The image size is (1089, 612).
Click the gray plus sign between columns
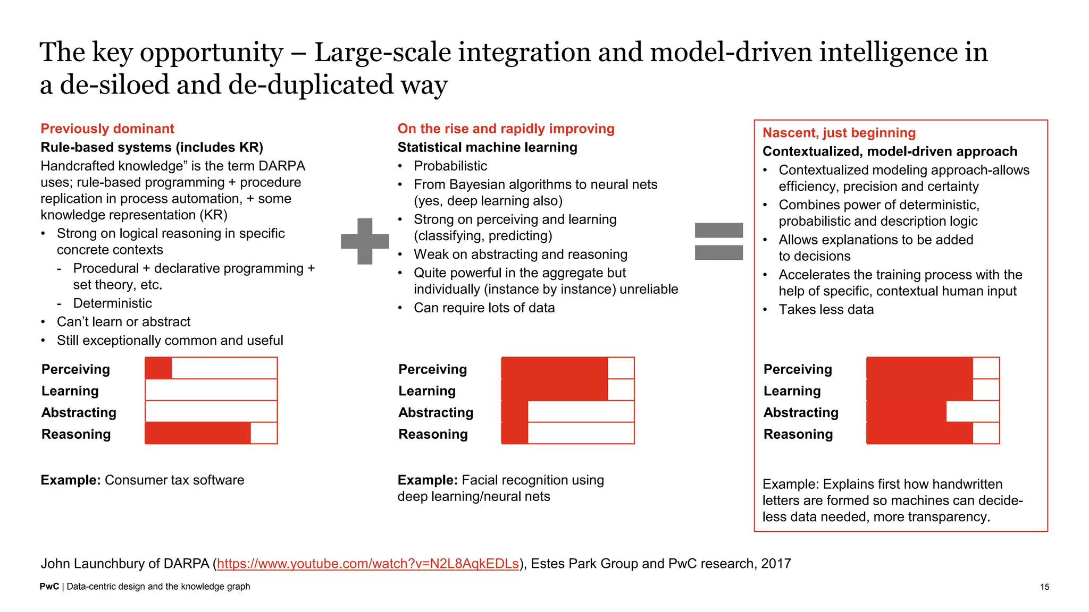point(365,241)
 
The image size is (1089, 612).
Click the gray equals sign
point(718,241)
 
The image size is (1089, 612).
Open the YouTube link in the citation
point(367,564)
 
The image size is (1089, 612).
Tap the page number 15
point(1044,586)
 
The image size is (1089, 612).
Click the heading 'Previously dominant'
point(107,129)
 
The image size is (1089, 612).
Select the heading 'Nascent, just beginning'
point(839,133)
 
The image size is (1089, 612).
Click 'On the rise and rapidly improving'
point(506,129)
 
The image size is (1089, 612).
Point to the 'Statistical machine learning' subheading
point(487,147)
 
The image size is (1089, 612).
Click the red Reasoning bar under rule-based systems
point(198,433)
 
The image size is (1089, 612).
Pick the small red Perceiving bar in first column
point(158,368)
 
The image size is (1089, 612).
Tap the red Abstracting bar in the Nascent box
point(906,412)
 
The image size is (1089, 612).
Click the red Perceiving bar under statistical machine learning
point(554,368)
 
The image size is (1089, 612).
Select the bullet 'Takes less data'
point(826,310)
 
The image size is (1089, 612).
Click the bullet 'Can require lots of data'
point(484,308)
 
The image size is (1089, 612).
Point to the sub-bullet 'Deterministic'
point(112,303)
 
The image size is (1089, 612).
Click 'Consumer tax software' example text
point(174,480)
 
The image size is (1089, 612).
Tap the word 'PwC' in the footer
point(49,586)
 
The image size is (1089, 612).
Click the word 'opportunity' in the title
point(211,52)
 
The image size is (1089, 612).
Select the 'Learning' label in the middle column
point(427,391)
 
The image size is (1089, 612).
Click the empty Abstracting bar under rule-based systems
point(211,412)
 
